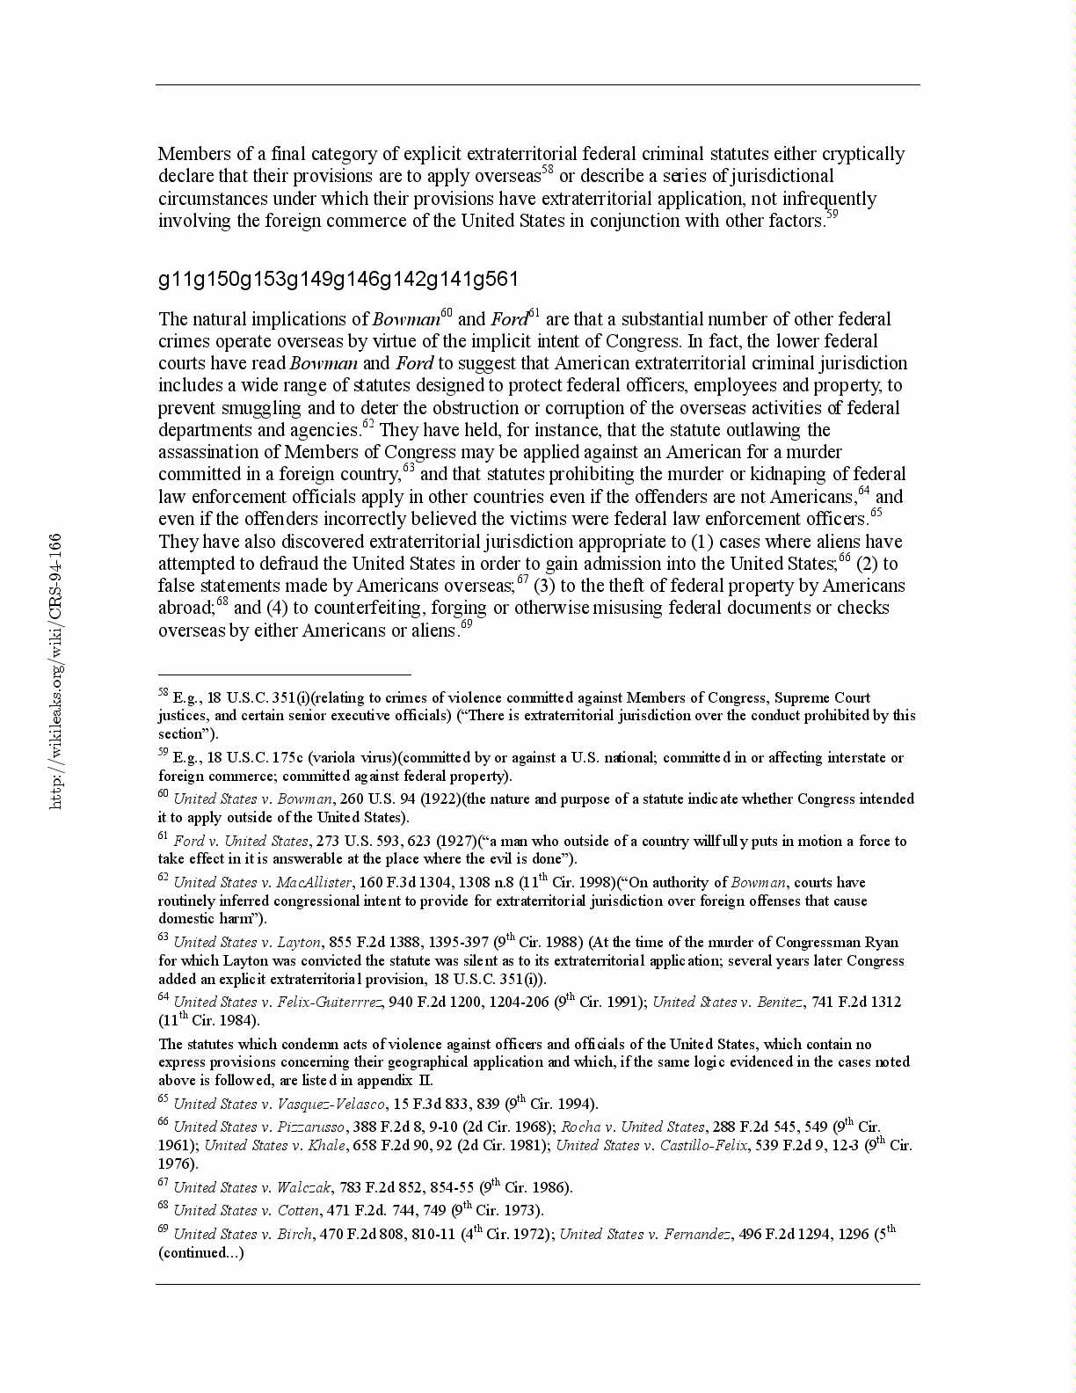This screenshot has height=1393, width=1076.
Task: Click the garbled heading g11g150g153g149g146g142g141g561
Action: pyautogui.click(x=338, y=280)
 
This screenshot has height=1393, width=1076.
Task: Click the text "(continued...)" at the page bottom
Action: pyautogui.click(x=201, y=1253)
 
